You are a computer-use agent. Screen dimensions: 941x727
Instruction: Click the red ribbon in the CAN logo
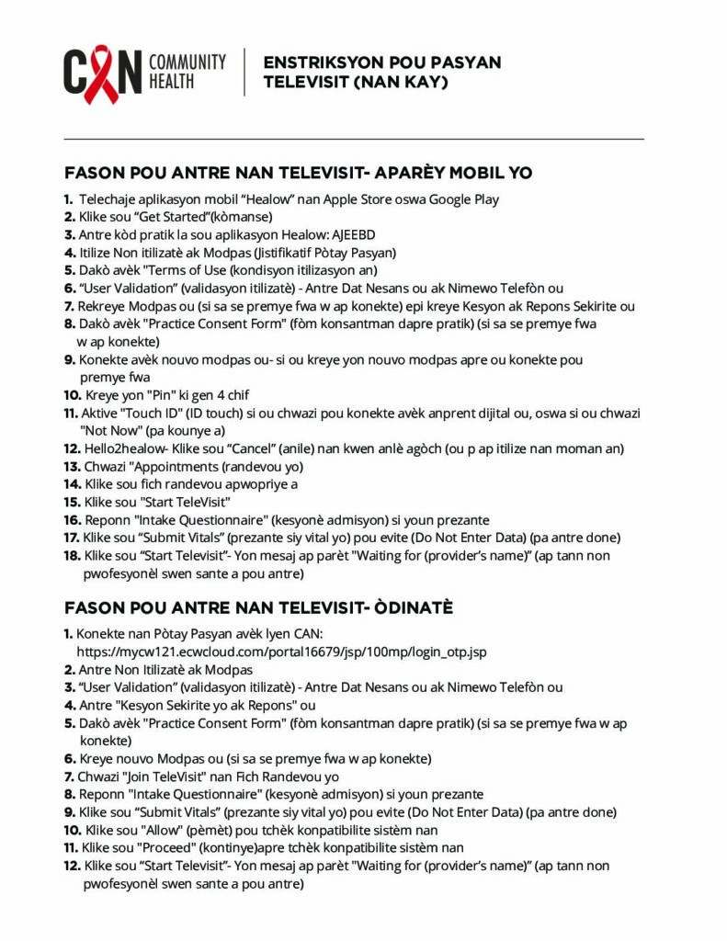(x=102, y=74)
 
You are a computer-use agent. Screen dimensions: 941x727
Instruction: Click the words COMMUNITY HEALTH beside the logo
(x=187, y=72)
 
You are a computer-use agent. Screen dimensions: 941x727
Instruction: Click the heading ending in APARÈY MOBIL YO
(x=299, y=173)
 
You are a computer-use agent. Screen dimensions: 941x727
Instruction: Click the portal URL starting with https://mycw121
(x=281, y=652)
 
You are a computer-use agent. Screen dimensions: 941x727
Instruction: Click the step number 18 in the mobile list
(x=72, y=556)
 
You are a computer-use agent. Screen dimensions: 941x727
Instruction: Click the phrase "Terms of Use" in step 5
(x=176, y=270)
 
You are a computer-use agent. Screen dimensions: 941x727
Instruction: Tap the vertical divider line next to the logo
(x=244, y=73)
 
